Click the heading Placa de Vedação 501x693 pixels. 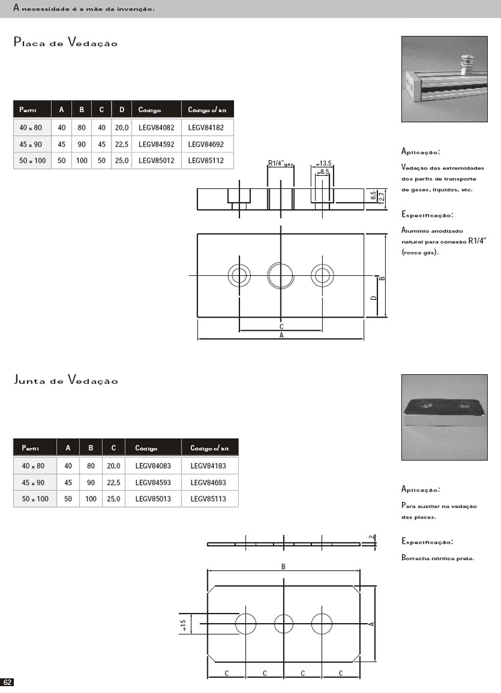click(x=66, y=43)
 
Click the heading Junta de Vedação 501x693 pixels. click(x=66, y=380)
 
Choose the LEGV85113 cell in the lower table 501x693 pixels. click(x=207, y=499)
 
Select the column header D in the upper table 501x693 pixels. click(x=121, y=110)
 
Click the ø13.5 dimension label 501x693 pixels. click(x=324, y=163)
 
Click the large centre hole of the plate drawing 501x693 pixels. click(x=280, y=275)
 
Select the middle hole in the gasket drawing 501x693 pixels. click(x=284, y=624)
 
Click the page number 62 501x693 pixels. click(x=8, y=682)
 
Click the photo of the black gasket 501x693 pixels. click(x=444, y=417)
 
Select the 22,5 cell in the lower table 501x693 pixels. click(x=113, y=483)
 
